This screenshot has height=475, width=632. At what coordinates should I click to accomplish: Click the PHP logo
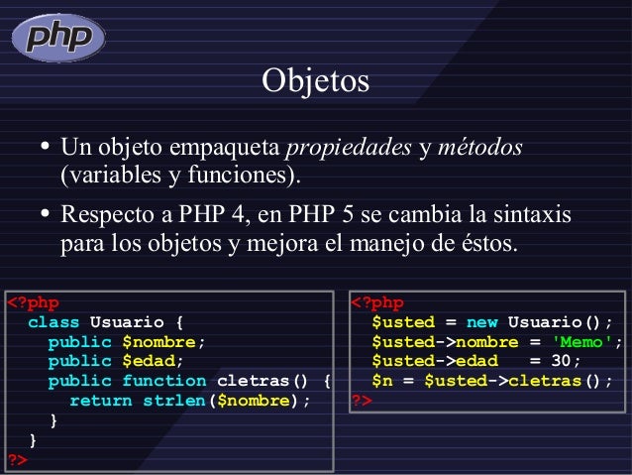pyautogui.click(x=58, y=38)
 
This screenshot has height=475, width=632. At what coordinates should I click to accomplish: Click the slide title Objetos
pyautogui.click(x=315, y=80)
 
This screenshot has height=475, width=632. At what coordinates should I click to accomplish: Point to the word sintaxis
pyautogui.click(x=535, y=214)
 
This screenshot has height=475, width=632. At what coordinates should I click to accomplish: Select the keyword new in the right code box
pyautogui.click(x=481, y=322)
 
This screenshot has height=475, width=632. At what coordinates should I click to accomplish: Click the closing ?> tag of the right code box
pyautogui.click(x=362, y=401)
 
